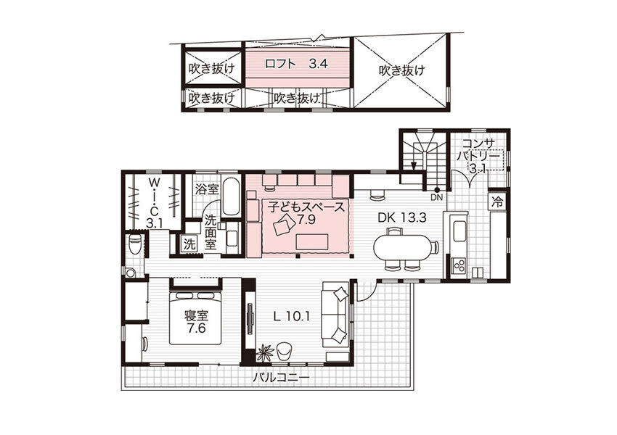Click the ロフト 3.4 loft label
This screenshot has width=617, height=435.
click(296, 64)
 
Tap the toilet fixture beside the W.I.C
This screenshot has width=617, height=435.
click(135, 244)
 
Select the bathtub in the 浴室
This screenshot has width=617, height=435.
click(230, 196)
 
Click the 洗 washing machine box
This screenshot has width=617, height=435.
click(189, 244)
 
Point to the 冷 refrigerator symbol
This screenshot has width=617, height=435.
click(497, 202)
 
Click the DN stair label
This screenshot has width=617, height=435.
click(436, 198)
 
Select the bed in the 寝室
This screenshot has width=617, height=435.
click(196, 318)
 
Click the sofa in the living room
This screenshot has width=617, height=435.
click(335, 315)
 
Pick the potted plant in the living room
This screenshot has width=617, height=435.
click(264, 352)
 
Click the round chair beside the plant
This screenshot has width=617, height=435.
click(285, 351)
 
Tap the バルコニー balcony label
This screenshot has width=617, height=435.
click(281, 378)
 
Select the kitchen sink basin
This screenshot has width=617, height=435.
click(459, 231)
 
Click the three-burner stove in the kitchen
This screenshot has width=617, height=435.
click(459, 265)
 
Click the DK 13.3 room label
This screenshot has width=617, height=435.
click(402, 217)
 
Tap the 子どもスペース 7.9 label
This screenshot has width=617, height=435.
click(306, 212)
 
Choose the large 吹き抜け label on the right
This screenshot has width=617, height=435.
click(402, 71)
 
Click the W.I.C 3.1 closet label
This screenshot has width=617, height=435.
click(154, 203)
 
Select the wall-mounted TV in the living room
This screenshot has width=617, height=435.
click(250, 318)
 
